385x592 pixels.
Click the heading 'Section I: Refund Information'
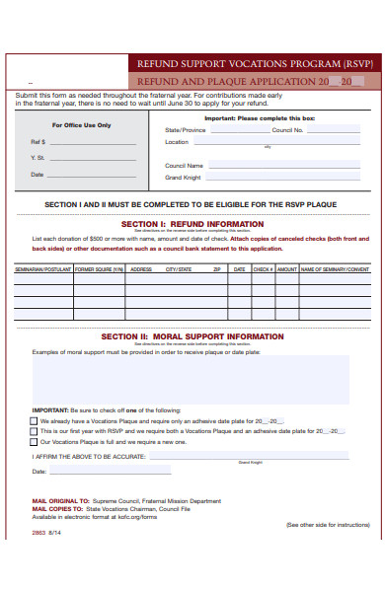coord(192,224)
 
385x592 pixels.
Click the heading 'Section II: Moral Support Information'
coord(192,335)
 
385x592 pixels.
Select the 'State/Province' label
coord(186,129)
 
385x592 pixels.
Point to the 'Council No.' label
coord(288,129)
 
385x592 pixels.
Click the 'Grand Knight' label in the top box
coord(183,178)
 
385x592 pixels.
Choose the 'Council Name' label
coord(185,165)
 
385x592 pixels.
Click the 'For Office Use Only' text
coord(81,125)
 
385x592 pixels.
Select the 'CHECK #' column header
coord(263,268)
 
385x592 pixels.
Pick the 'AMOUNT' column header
coord(286,268)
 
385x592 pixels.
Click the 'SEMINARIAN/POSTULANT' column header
coord(42,268)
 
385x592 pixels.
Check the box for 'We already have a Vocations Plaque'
coord(35,420)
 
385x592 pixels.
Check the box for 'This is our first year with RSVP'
coord(35,431)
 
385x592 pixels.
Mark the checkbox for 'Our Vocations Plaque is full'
coord(35,442)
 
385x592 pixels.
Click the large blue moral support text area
coord(192,380)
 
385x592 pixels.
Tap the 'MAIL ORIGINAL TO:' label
coord(60,501)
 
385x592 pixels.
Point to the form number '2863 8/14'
coord(46,533)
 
